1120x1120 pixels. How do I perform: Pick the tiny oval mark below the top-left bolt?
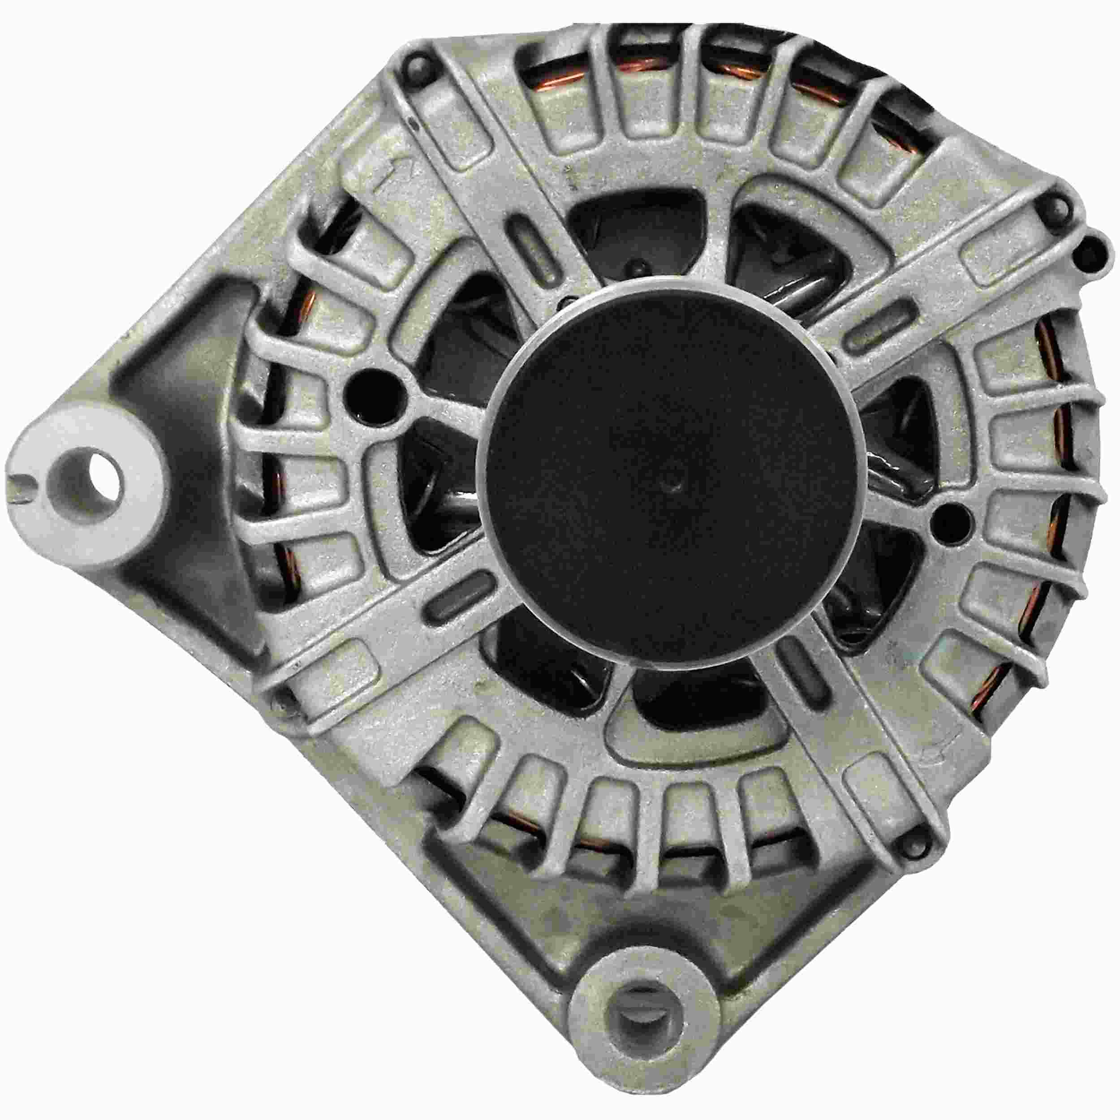click(x=412, y=124)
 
